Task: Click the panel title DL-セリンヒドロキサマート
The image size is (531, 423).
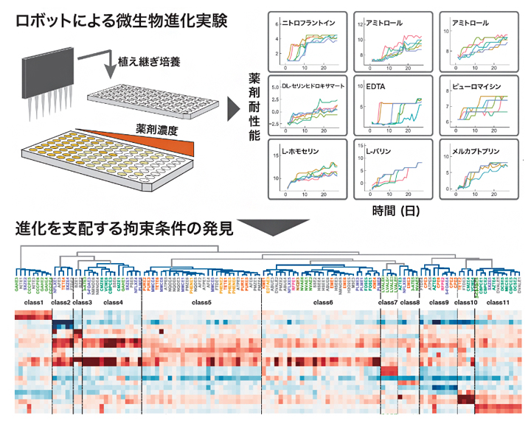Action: coord(314,86)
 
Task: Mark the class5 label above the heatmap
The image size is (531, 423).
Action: coord(201,303)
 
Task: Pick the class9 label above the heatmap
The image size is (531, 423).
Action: coord(438,303)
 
